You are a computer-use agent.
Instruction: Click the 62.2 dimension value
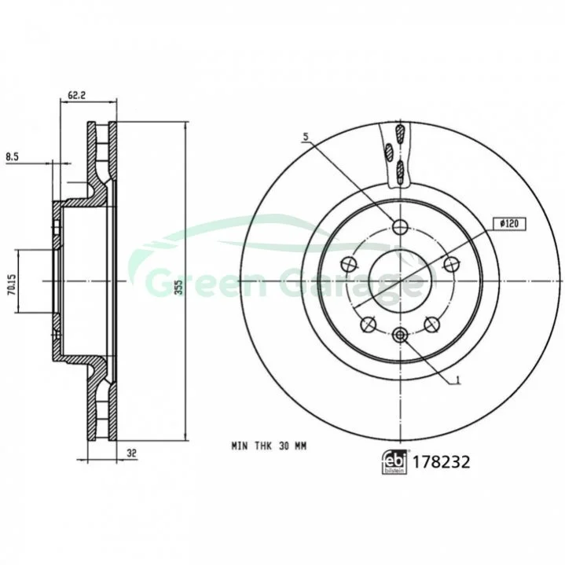76,95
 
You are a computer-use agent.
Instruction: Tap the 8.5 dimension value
13,156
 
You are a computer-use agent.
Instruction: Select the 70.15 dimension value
12,284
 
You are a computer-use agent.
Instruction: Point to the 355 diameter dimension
179,288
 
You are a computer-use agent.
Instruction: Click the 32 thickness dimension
132,453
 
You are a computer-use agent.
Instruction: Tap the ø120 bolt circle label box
509,224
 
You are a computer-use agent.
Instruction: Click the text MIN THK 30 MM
269,446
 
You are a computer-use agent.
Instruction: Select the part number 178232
441,462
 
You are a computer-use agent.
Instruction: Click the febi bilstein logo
394,462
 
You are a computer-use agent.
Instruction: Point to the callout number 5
306,137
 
